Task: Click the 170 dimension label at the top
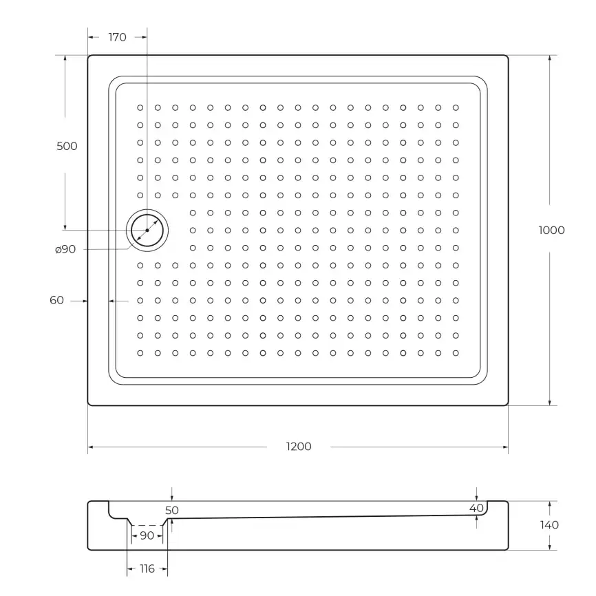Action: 118,37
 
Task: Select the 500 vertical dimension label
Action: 67,146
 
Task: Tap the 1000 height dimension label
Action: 551,230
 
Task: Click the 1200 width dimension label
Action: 299,447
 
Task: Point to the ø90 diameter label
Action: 65,249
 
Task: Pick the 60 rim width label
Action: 56,300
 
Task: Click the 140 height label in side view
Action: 550,525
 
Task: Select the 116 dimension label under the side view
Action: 147,568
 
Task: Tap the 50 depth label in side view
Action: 172,510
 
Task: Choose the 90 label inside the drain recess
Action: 147,535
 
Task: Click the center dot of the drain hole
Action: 147,230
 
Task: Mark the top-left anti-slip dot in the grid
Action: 140,107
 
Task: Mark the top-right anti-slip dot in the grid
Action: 455,107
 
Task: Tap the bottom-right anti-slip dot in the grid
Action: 455,353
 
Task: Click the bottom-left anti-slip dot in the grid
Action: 140,353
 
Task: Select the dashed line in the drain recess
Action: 147,525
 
